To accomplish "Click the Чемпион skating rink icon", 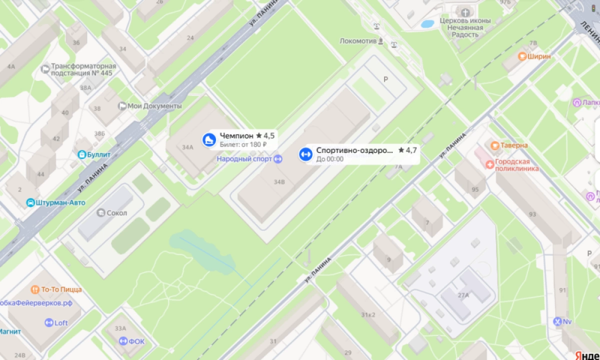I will (x=208, y=139).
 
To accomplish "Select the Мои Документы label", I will (x=154, y=106).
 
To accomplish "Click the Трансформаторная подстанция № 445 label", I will (x=83, y=69).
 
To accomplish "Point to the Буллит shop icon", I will (x=81, y=154).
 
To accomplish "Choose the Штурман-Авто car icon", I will (x=30, y=202).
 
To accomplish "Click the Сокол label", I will (x=116, y=213).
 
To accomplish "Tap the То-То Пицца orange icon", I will (x=35, y=289).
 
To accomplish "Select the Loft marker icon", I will (x=49, y=323).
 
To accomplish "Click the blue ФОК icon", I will (x=123, y=341).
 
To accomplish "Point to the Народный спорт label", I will (x=244, y=159).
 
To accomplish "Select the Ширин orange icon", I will (x=522, y=56).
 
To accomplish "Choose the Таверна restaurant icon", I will (x=495, y=145).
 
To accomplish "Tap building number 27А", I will (x=463, y=295).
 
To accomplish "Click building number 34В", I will (x=279, y=182).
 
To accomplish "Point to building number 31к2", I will (x=368, y=314).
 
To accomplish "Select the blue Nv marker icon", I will (x=557, y=321).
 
